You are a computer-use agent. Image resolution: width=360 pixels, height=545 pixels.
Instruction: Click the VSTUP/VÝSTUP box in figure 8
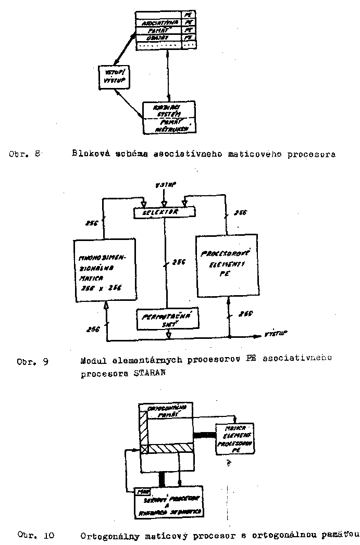(114, 77)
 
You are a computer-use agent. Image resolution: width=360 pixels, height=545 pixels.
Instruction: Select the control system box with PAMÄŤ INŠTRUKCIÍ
(168, 118)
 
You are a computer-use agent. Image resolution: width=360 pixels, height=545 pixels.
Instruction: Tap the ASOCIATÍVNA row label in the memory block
(158, 23)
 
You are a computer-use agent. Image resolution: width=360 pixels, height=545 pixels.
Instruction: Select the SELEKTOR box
(164, 212)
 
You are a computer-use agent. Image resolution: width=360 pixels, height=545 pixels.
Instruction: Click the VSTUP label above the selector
(165, 185)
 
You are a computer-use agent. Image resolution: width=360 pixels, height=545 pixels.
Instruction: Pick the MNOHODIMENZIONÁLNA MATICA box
(105, 270)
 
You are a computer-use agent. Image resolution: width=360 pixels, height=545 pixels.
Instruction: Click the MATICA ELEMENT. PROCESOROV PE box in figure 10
(235, 438)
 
